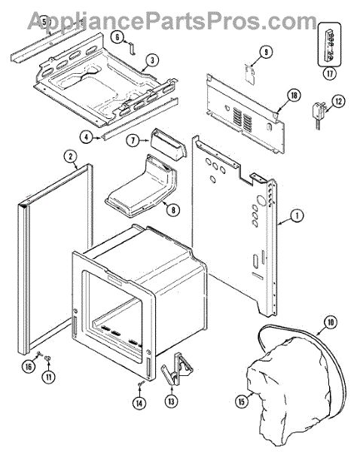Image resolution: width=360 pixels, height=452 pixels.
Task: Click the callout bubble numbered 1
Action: pos(297,215)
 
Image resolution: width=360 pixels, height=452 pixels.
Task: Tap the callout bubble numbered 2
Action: pos(71,156)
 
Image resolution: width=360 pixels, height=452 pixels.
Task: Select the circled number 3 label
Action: pos(152,60)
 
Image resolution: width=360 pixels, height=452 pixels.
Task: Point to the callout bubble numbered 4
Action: pos(87,137)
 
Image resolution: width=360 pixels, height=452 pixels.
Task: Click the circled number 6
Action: pos(117,37)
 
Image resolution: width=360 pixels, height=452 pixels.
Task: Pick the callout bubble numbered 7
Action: pos(133,140)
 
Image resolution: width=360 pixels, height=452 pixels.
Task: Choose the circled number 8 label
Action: pos(173,209)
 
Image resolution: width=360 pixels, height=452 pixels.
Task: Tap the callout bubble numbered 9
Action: pos(265,52)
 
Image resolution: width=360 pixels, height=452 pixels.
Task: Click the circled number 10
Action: pos(331,322)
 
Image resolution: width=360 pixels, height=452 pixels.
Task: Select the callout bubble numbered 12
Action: pos(338,101)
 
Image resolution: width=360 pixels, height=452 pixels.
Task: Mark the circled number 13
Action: pos(172,401)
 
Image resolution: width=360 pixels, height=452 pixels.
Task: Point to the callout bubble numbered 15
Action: pos(242,401)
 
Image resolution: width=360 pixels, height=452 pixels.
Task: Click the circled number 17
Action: pos(329,73)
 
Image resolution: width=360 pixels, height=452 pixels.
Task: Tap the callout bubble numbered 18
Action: pos(294,95)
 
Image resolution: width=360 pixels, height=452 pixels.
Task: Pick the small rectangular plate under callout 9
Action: pos(250,74)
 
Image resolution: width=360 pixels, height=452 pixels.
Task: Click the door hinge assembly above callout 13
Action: pos(176,369)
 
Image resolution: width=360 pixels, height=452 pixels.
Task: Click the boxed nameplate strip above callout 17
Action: pos(329,44)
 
